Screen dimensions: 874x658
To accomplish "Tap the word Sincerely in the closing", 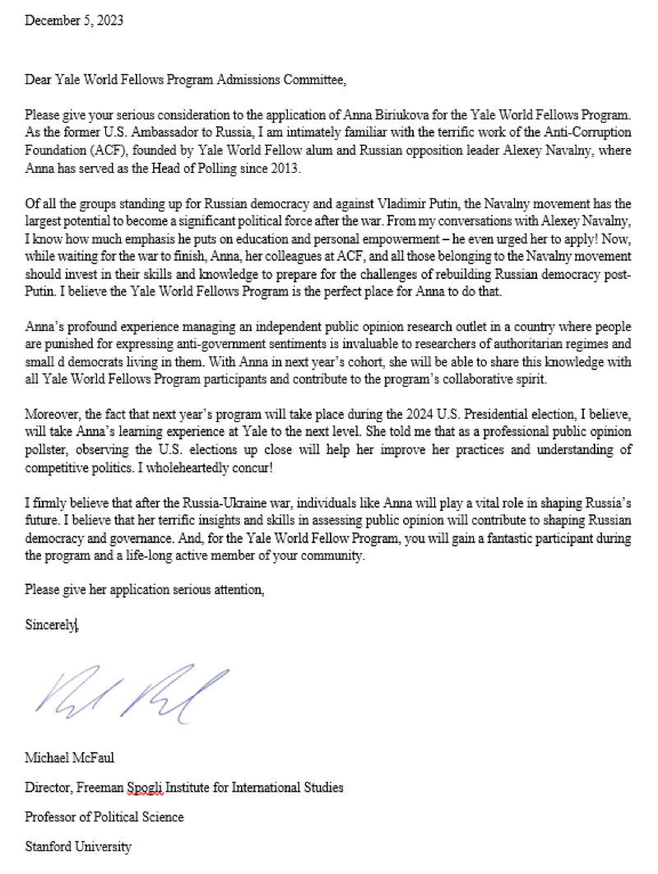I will (50, 625).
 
